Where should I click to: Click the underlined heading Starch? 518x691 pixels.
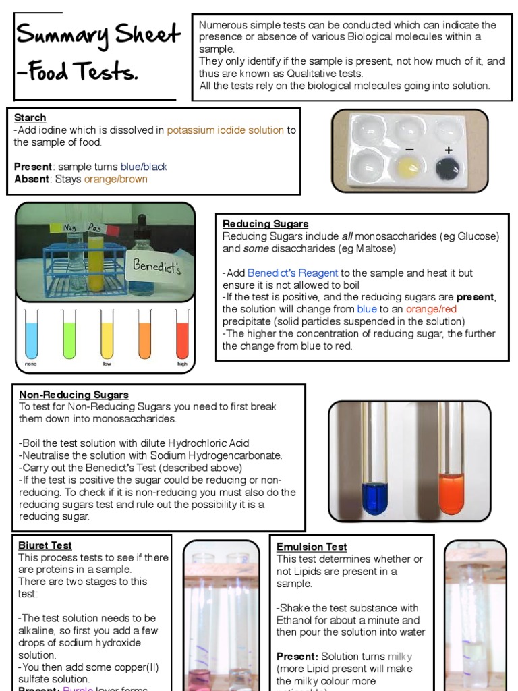coord(30,118)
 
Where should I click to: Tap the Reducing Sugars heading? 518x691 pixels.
coord(265,224)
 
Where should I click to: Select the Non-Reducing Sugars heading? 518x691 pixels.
coord(74,395)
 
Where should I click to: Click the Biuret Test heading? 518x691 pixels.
coord(45,545)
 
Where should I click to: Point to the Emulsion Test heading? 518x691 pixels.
coord(312,547)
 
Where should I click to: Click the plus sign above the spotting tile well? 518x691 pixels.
coord(448,150)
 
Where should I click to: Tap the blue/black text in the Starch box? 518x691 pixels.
coord(144,167)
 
